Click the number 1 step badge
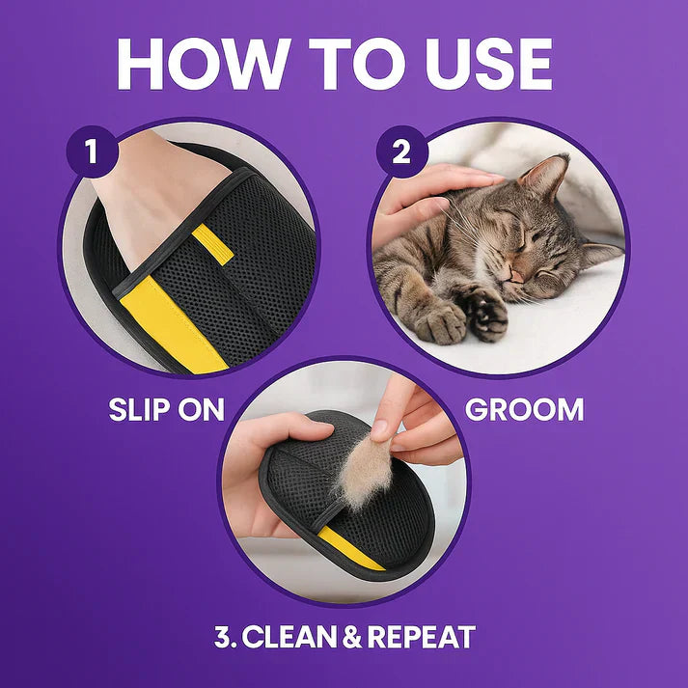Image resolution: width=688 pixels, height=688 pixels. pos(91,153)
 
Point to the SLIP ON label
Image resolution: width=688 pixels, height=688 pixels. pos(166,408)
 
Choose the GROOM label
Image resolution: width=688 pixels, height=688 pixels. pos(524,408)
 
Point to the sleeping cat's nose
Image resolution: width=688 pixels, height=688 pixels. pos(517,275)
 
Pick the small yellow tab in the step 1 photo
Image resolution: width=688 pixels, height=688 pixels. pos(212,246)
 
